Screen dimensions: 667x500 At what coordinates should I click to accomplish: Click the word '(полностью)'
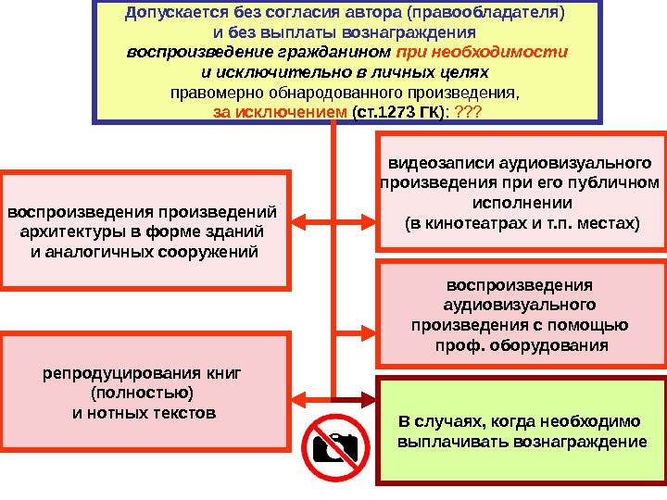pyautogui.click(x=143, y=393)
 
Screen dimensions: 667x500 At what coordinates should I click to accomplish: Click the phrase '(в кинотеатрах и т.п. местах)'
pyautogui.click(x=522, y=223)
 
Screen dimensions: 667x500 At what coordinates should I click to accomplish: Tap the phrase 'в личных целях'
pyautogui.click(x=441, y=71)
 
